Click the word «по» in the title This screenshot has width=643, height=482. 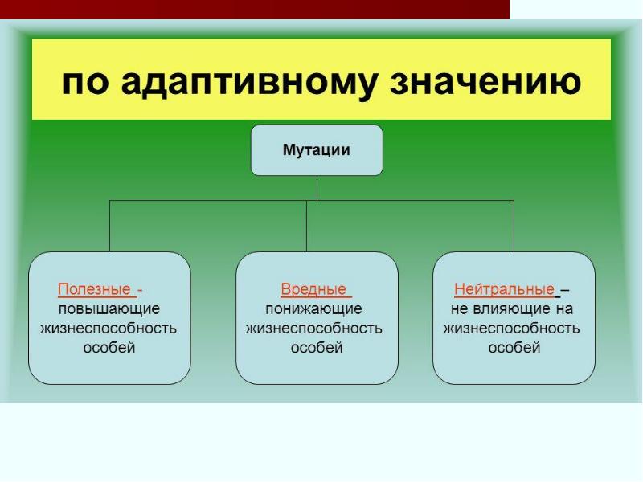[x=84, y=82]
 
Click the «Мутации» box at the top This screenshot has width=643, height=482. [x=317, y=150]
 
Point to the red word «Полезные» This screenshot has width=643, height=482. [x=93, y=289]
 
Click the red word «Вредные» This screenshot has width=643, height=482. [x=313, y=289]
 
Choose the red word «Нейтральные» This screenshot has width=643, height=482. [x=504, y=289]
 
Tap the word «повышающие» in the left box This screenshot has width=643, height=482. [x=109, y=308]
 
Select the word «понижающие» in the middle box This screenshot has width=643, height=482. [x=314, y=308]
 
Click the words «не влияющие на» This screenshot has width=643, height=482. [x=511, y=308]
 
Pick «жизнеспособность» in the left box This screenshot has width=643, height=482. [x=109, y=329]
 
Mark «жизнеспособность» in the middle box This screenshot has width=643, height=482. [x=314, y=329]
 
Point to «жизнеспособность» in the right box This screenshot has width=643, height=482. [x=512, y=329]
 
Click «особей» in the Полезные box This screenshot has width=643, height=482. [x=109, y=348]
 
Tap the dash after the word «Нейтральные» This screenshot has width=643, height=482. [x=565, y=290]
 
